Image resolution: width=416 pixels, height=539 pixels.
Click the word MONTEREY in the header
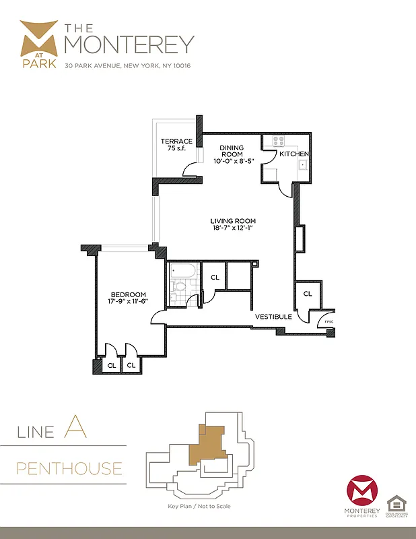[x=129, y=44]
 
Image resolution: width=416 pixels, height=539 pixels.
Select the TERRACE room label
[x=176, y=141]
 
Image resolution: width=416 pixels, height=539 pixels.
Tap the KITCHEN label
[x=293, y=154]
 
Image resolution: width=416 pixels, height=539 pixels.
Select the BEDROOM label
[x=129, y=294]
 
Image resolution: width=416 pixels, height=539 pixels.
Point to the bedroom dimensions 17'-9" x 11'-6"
[x=129, y=302]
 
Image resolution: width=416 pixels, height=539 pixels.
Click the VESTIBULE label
[x=273, y=316]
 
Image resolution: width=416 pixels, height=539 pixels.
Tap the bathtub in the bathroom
[x=183, y=271]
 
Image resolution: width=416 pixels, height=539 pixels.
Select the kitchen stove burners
[x=277, y=141]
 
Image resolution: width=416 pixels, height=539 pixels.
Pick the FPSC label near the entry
[x=329, y=321]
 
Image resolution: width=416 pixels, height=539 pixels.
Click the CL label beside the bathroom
[x=215, y=277]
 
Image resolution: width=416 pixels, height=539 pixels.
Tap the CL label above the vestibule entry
[x=308, y=294]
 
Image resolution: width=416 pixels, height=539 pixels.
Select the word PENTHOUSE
[x=70, y=468]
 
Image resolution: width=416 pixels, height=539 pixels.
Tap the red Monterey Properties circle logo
[x=362, y=492]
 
